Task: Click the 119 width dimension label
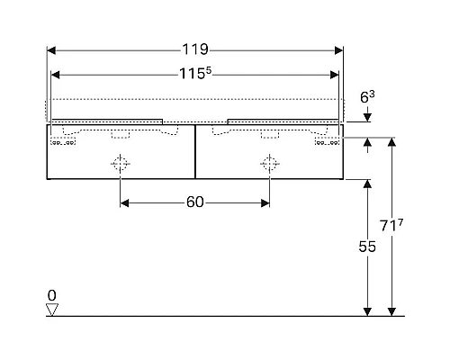[195, 49]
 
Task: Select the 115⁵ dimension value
[195, 74]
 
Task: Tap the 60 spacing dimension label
[195, 202]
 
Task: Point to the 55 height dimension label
[367, 247]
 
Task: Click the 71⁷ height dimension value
[391, 225]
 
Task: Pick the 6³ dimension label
[367, 97]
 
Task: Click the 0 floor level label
[52, 295]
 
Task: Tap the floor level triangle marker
[52, 310]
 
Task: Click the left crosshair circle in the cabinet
[120, 164]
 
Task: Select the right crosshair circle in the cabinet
[270, 164]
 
